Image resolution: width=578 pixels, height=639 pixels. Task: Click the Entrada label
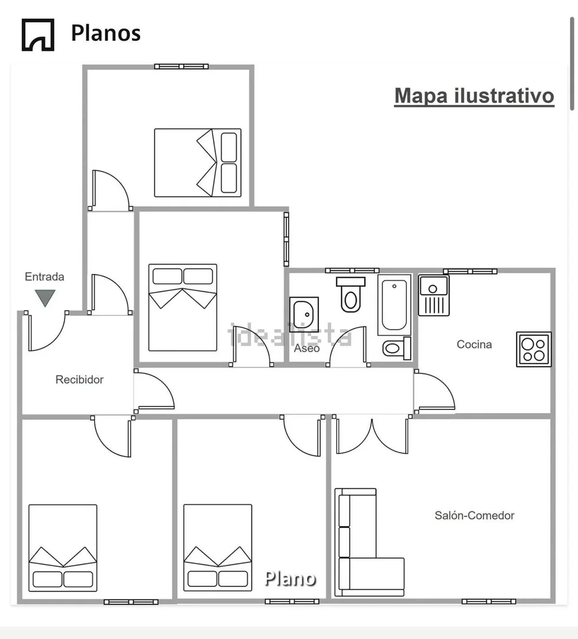click(x=44, y=276)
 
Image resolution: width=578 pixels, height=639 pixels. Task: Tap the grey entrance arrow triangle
click(x=45, y=298)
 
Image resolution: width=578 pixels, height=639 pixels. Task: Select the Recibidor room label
click(x=79, y=379)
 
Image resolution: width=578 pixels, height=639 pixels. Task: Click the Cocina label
click(x=474, y=344)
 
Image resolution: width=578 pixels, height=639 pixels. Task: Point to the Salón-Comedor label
click(x=474, y=515)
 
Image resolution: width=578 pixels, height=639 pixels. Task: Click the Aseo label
click(x=306, y=348)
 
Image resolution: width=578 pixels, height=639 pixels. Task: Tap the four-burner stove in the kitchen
click(x=534, y=349)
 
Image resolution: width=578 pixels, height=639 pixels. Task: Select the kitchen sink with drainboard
click(x=434, y=295)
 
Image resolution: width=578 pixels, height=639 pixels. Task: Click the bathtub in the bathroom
click(x=394, y=305)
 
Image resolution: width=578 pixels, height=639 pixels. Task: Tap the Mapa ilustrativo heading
click(x=474, y=95)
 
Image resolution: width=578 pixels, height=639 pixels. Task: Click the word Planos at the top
click(x=106, y=33)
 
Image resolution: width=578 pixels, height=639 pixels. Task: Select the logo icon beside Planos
click(x=38, y=34)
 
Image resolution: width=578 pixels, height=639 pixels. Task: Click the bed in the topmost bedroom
click(x=198, y=163)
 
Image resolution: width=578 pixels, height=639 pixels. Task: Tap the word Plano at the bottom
click(x=290, y=578)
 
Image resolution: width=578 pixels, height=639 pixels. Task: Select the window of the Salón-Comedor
click(x=489, y=601)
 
